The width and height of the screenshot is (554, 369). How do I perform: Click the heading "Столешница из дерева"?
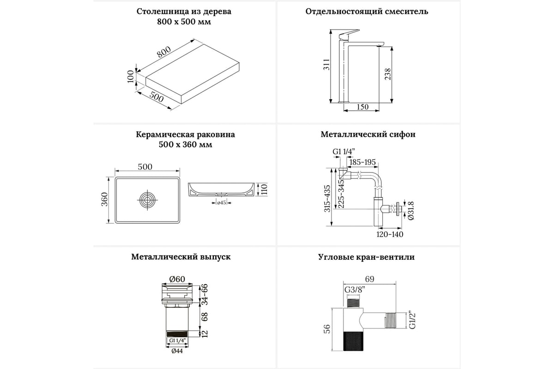pos(184,12)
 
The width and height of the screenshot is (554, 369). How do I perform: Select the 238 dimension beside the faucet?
pos(388,74)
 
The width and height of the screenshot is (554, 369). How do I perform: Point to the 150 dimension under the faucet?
pos(363,107)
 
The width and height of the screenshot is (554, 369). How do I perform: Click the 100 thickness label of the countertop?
pos(131,77)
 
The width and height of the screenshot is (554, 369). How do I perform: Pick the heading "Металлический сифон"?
pos(368,135)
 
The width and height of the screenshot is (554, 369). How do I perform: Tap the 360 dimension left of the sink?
pos(105,199)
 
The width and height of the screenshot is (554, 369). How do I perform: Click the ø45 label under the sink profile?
pos(221,202)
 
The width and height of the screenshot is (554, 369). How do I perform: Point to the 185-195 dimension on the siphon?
pos(362,162)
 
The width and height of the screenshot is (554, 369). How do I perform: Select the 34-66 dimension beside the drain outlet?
pos(204,294)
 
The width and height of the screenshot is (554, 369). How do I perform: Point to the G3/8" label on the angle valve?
pos(354,290)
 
